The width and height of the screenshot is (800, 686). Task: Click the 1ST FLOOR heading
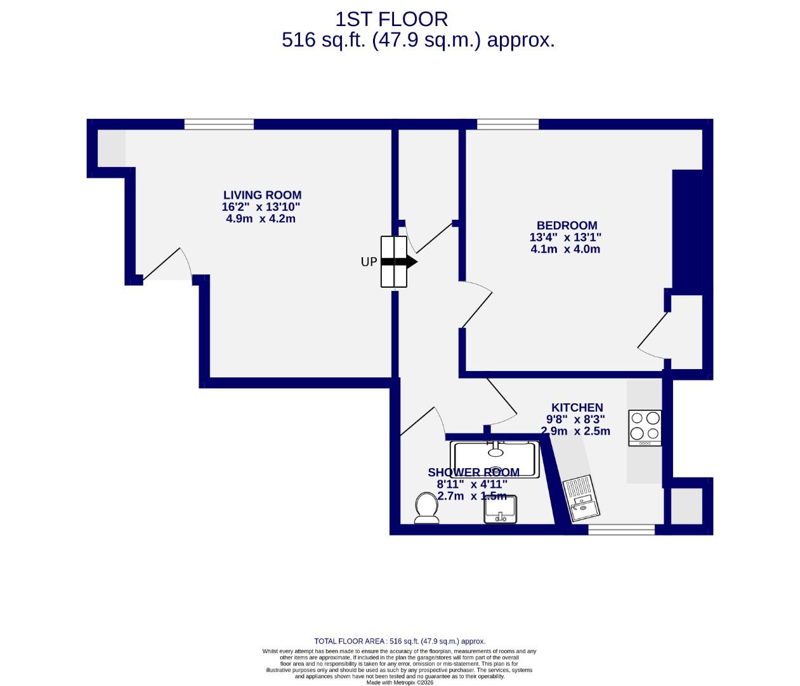click(391, 19)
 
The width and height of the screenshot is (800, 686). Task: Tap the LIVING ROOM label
click(262, 195)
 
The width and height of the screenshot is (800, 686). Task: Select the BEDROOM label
click(567, 225)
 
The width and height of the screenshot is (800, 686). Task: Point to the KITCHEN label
click(577, 408)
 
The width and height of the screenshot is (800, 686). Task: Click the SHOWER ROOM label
click(473, 473)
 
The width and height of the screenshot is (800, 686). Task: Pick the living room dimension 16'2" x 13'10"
click(261, 207)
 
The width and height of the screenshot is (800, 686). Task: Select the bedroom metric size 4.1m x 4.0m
click(565, 249)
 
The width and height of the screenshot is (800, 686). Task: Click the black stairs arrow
click(400, 262)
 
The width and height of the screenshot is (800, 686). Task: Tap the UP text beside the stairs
click(369, 262)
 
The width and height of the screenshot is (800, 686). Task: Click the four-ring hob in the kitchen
click(645, 427)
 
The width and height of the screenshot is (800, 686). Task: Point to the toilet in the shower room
click(426, 508)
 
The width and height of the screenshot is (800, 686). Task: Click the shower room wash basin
click(501, 509)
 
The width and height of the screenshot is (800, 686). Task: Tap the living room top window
click(219, 124)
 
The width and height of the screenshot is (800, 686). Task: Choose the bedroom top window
click(508, 124)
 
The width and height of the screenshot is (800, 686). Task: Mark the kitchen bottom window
click(621, 529)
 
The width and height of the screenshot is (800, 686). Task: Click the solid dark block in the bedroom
click(688, 232)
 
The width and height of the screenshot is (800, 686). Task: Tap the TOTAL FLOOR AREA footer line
click(400, 642)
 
